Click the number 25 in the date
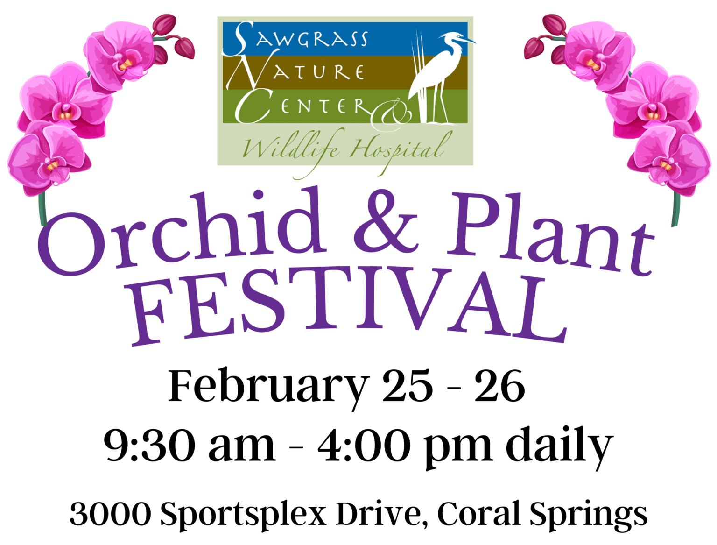(408, 386)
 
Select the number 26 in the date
(499, 386)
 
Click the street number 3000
(111, 514)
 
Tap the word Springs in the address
(588, 516)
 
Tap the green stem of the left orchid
(42, 209)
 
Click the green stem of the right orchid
(675, 209)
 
